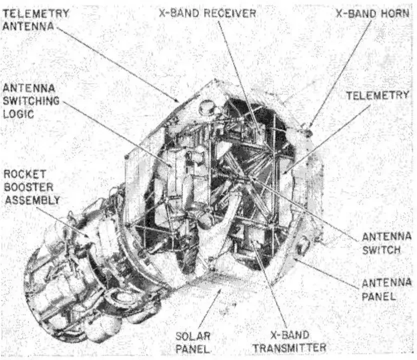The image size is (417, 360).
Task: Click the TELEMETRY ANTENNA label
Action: pos(35,19)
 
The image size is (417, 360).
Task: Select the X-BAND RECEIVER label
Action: pos(207,13)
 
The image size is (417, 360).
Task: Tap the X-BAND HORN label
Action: pos(372,13)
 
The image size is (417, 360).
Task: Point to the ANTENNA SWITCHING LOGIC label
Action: pos(31,101)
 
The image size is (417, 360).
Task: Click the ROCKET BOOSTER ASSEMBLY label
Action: pos(32,187)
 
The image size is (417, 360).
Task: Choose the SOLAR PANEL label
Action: pos(193,342)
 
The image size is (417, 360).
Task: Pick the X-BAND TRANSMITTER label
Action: pos(289,341)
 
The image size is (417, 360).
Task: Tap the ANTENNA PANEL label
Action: pos(386,289)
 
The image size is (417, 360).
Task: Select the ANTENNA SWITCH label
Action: pos(386,243)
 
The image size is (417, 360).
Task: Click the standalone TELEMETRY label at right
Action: pos(377,95)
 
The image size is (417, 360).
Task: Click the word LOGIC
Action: pos(18,114)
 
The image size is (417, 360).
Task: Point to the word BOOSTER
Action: pos(28,187)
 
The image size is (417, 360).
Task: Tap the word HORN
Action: pos(395,13)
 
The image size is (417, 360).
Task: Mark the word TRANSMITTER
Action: pos(289,348)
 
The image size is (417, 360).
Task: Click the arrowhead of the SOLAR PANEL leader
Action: pos(219,291)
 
